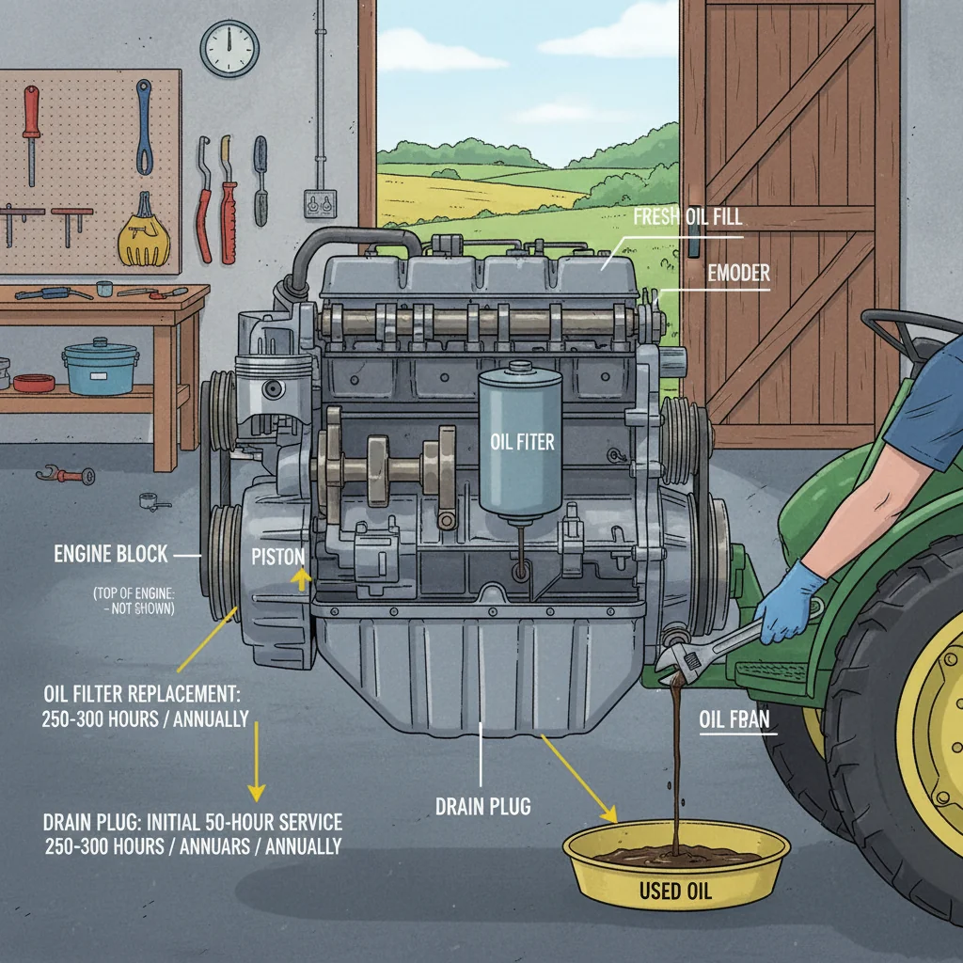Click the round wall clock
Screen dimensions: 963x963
(x=229, y=48)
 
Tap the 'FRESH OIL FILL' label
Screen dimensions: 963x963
(x=687, y=217)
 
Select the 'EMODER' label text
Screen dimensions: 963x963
(x=738, y=273)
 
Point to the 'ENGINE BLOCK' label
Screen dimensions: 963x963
(x=111, y=555)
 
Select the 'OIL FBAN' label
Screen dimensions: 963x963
(x=734, y=719)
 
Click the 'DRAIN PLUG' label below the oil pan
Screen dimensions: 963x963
(x=482, y=806)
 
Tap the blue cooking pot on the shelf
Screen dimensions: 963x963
(x=100, y=368)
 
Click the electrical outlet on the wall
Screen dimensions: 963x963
(x=321, y=203)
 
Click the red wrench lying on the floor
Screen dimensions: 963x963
(x=67, y=475)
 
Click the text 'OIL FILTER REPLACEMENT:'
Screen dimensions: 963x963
(x=142, y=695)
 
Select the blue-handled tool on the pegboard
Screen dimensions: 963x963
(x=143, y=127)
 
